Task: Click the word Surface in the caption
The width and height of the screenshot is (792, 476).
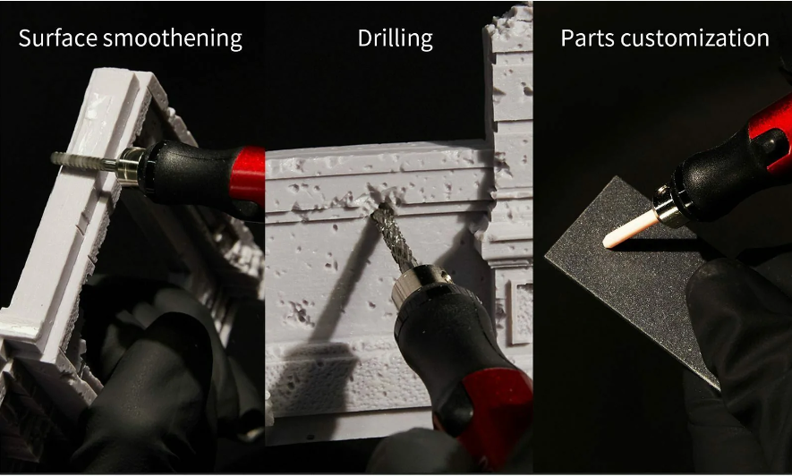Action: [x=57, y=38]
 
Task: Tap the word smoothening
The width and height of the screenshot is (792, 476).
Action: [x=172, y=39]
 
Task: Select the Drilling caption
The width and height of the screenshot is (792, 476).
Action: [x=395, y=38]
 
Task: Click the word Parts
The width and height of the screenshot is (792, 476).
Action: [x=587, y=38]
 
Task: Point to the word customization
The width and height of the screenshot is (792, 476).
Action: [x=695, y=38]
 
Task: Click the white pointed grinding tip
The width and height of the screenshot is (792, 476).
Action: [x=630, y=229]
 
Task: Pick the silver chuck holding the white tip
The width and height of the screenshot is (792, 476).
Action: [x=669, y=206]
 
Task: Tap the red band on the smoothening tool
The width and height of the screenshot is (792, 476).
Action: [x=248, y=174]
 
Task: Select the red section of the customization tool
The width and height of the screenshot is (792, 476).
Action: [x=771, y=128]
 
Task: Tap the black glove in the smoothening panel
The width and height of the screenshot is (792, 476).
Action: [x=147, y=373]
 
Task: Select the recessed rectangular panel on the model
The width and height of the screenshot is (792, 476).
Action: [x=520, y=311]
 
